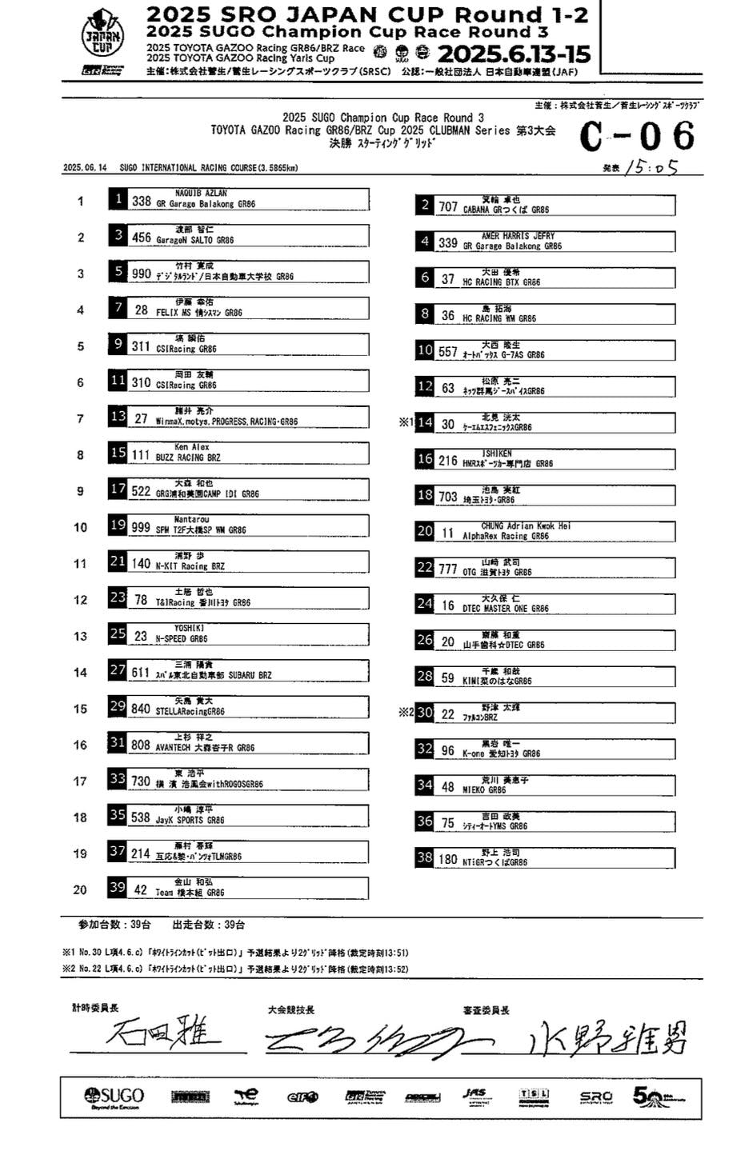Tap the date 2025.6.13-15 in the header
coord(514,54)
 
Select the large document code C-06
coord(637,136)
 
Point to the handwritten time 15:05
coord(652,167)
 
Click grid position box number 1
coord(118,199)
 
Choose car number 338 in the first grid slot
coord(142,202)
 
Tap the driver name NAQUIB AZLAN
coord(201,193)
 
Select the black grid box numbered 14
coord(425,422)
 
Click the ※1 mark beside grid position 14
coord(406,422)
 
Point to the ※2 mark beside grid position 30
coord(406,713)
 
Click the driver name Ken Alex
coord(192,447)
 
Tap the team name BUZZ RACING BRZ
coord(188,458)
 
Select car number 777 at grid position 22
coord(448,570)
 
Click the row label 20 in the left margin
coord(80,889)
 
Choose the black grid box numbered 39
coord(118,887)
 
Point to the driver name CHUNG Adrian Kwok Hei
coord(526,526)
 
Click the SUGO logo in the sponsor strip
coord(114,1097)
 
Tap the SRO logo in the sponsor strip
coord(595,1097)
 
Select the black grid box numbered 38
coord(425,857)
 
